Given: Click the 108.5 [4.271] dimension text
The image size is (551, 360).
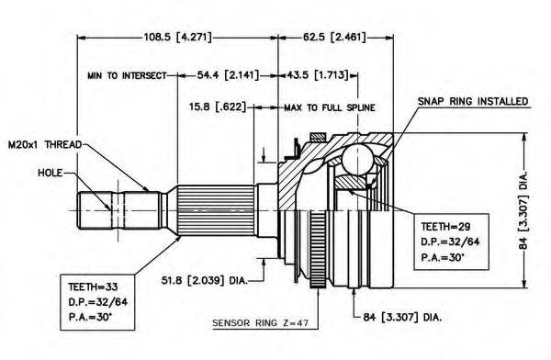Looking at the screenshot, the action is tap(178, 37).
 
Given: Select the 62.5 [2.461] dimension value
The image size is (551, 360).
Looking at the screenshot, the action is tap(334, 37).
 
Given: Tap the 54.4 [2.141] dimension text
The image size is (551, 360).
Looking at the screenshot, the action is tap(228, 75).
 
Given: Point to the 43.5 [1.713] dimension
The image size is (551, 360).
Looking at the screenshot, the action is tap(318, 75).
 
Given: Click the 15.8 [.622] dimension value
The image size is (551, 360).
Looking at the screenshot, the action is tap(218, 107).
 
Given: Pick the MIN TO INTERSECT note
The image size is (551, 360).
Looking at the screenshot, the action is tap(127, 75).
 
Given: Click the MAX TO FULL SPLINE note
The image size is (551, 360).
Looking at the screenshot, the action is tap(330, 107).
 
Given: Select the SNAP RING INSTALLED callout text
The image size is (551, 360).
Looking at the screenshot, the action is tap(473, 101).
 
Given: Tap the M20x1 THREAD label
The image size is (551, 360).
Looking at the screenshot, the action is tap(45, 144).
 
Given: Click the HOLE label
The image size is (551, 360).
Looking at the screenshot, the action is tap(50, 173).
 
